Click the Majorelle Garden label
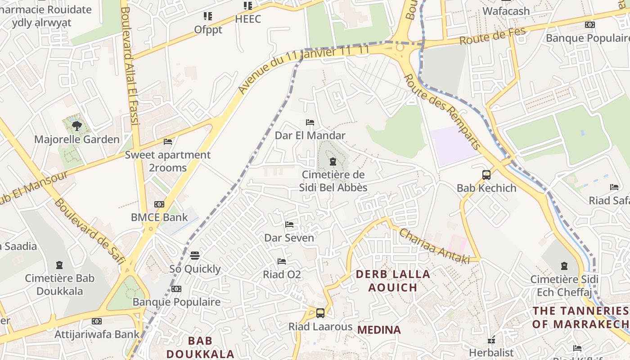[x=77, y=139]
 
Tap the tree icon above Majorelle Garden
[x=77, y=126]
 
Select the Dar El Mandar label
[x=310, y=135]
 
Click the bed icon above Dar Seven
[x=289, y=224]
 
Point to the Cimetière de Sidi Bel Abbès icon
[x=333, y=162]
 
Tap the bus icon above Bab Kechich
[x=486, y=175]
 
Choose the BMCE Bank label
[x=159, y=217]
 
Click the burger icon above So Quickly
[x=195, y=256]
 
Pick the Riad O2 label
[x=282, y=274]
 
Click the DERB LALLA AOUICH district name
[x=393, y=280]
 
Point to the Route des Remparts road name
[x=442, y=112]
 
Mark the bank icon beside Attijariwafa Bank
[x=97, y=321]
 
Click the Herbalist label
[x=491, y=352]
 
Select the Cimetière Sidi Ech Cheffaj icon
[x=564, y=266]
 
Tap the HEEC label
[x=248, y=19]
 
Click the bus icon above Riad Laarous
[x=320, y=313]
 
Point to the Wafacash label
[x=506, y=11]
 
